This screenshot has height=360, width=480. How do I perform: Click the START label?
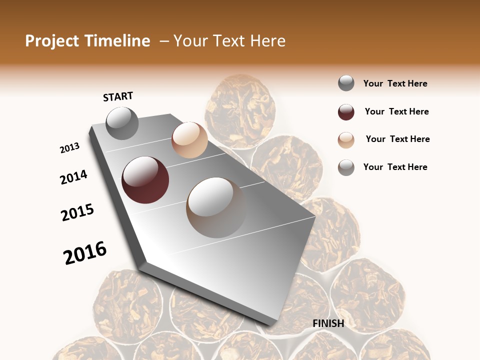click(x=118, y=96)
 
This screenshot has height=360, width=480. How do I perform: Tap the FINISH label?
click(x=328, y=323)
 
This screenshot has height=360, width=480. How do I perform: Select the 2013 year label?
click(x=70, y=148)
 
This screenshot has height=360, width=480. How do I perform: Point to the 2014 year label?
click(x=74, y=177)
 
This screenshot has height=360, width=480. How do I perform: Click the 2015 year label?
click(x=77, y=212)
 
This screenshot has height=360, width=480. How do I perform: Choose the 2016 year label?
click(x=85, y=252)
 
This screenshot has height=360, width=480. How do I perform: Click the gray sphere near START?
click(x=122, y=123)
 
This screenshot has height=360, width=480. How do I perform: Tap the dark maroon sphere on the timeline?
click(x=145, y=180)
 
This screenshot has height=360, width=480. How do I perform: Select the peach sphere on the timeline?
click(x=189, y=140)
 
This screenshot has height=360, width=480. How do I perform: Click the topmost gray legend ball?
click(x=346, y=83)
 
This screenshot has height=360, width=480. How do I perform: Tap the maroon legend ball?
click(x=346, y=112)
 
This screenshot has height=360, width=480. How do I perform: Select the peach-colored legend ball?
click(x=346, y=140)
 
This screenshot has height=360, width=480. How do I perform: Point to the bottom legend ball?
click(x=346, y=167)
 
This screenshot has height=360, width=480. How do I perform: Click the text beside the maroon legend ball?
click(x=396, y=111)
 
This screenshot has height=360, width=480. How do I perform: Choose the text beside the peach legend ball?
click(x=397, y=139)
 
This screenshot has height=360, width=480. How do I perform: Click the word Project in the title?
click(x=52, y=41)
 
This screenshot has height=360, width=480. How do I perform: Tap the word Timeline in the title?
click(x=116, y=41)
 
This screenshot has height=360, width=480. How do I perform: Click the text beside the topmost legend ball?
click(x=395, y=83)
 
